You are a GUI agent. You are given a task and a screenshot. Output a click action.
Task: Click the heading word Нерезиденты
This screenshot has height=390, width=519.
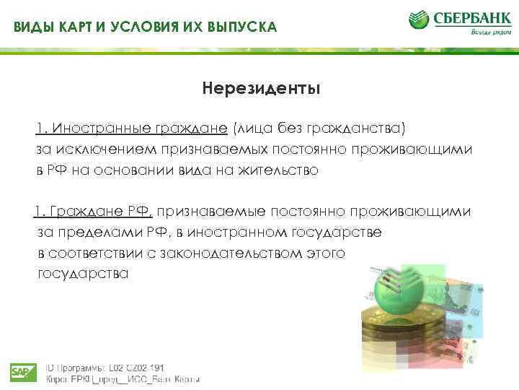(x=261, y=90)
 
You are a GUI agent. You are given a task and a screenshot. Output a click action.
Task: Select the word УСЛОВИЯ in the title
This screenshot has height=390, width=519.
(x=144, y=27)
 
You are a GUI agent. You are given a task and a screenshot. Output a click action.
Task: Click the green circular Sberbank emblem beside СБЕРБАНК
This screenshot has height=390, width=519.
(x=421, y=21)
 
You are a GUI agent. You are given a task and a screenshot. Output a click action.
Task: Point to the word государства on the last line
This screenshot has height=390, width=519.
(x=83, y=274)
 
